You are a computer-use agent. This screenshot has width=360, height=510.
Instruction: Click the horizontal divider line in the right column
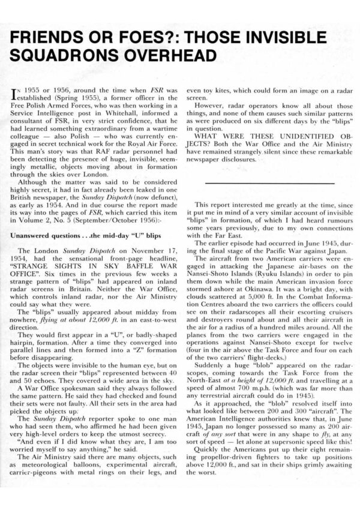pos(269,182)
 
